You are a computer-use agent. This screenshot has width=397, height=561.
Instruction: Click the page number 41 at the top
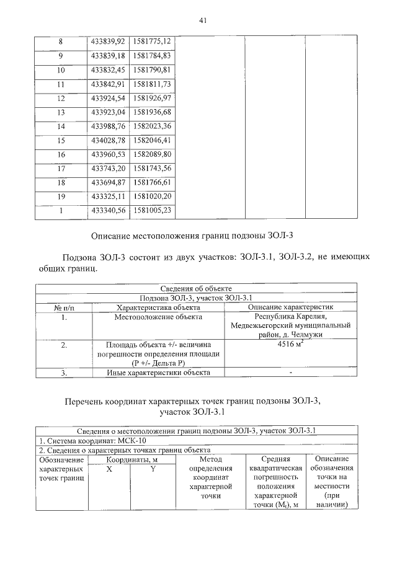pyautogui.click(x=202, y=20)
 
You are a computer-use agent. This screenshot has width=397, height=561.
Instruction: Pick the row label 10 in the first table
pyautogui.click(x=61, y=69)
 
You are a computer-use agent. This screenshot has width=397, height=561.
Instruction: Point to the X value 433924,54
pyautogui.click(x=107, y=98)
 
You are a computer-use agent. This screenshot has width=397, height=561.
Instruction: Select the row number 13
pyautogui.click(x=61, y=112)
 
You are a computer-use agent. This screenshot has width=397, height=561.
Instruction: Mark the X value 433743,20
pyautogui.click(x=107, y=169)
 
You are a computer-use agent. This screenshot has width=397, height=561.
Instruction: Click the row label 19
pyautogui.click(x=61, y=197)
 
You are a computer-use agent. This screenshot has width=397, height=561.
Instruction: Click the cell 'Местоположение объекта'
pyautogui.click(x=158, y=317)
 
